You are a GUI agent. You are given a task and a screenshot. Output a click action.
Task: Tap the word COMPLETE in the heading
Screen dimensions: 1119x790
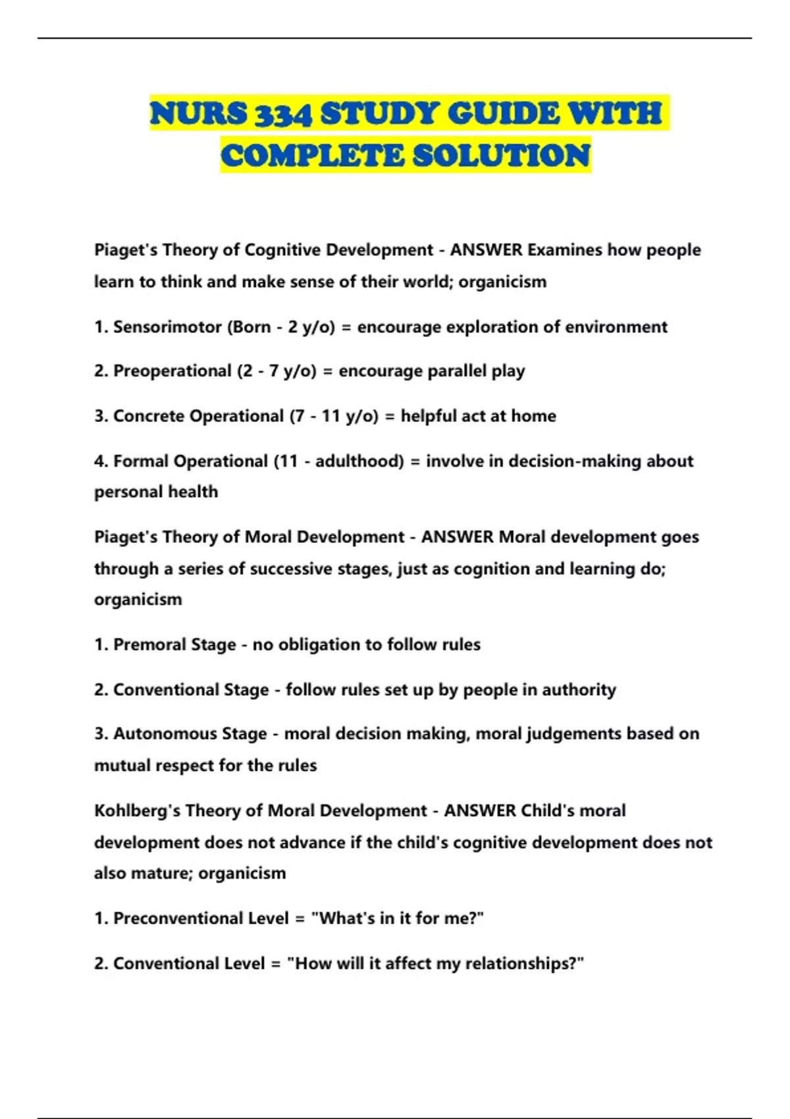312,155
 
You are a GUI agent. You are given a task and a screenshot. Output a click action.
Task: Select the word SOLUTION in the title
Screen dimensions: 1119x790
501,155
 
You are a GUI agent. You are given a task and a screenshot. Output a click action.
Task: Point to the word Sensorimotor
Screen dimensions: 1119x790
167,327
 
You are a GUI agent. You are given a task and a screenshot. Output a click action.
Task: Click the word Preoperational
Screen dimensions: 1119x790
172,371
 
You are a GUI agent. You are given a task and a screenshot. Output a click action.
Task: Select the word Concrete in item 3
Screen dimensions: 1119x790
147,416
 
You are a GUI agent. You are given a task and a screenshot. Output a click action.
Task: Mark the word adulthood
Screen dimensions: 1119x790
359,461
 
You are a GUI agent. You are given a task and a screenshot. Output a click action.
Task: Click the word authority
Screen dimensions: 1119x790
579,690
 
